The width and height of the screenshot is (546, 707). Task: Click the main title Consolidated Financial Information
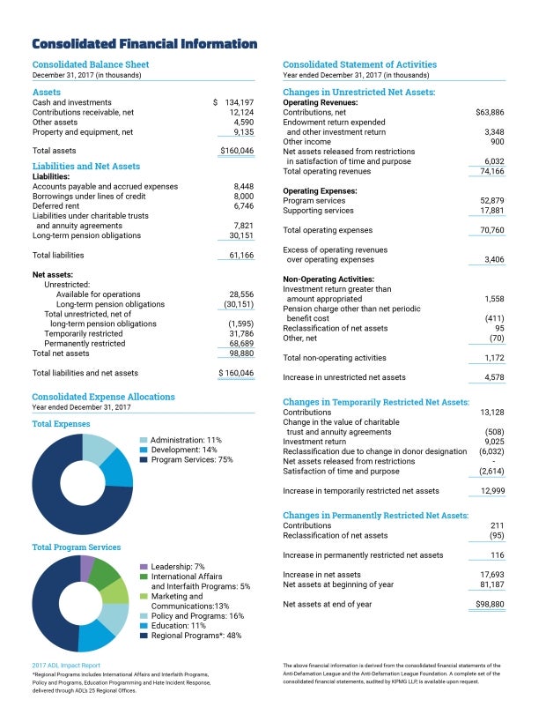[144, 44]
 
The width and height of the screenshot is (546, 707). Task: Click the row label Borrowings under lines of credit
[90, 196]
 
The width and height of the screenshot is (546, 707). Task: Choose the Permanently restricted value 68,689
[240, 343]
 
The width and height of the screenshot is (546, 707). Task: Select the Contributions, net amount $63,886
[489, 113]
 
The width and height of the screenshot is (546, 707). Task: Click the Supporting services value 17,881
[491, 211]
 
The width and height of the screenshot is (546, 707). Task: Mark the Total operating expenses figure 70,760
[491, 230]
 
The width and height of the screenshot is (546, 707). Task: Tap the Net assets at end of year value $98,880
[489, 604]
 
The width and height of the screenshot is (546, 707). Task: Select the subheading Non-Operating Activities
[328, 279]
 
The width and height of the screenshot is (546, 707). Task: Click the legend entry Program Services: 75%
[191, 459]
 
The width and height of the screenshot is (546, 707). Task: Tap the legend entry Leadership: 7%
[178, 566]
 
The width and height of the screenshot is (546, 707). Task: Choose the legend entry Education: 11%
[179, 625]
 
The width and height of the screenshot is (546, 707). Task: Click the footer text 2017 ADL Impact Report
[66, 665]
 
